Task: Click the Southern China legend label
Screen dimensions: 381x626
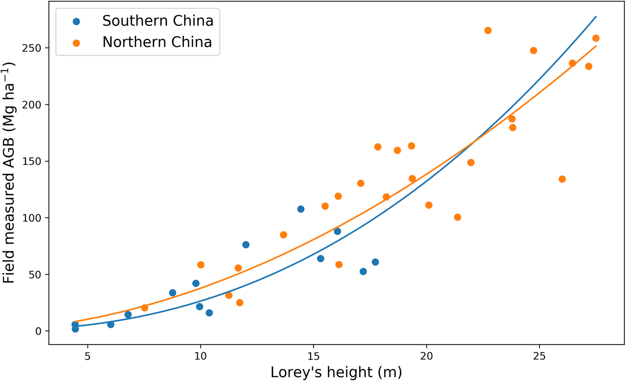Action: (x=157, y=21)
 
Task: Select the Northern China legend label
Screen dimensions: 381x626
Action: (x=157, y=42)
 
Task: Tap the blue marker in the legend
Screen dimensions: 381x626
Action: (x=76, y=22)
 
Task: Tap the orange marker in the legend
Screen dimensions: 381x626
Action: (x=76, y=43)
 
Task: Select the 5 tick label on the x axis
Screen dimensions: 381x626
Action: (x=88, y=357)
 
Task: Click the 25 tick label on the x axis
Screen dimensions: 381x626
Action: (x=539, y=357)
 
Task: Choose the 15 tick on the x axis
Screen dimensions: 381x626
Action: (x=313, y=357)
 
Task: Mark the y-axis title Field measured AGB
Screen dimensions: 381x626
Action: (x=9, y=173)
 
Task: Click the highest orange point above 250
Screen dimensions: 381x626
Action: (x=488, y=30)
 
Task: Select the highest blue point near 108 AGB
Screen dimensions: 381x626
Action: (x=301, y=209)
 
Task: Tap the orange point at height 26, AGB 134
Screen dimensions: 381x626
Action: (x=562, y=179)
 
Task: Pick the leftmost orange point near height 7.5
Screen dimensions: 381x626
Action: (x=145, y=308)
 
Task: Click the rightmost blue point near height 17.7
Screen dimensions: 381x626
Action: (x=375, y=262)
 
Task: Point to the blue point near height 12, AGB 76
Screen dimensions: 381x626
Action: (x=246, y=245)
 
